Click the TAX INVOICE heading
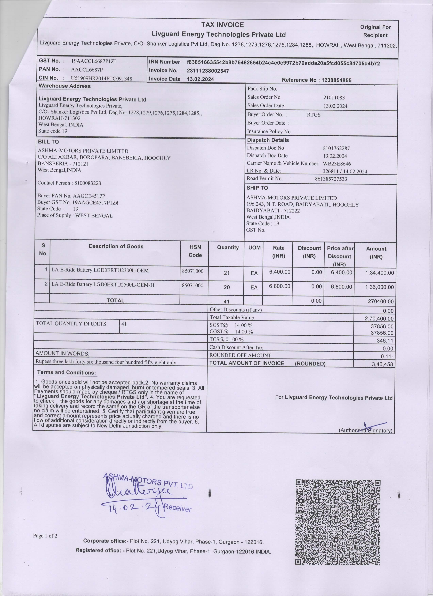click(x=222, y=25)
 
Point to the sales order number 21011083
click(x=334, y=97)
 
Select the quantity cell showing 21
click(x=227, y=273)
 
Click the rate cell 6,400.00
click(x=279, y=272)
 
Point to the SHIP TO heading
click(x=257, y=188)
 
